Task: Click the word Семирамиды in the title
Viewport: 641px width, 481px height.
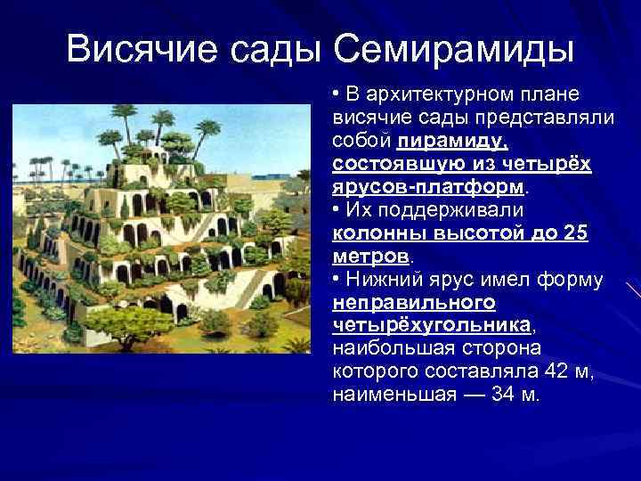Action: (455, 47)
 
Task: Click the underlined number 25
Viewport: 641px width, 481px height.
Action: (577, 234)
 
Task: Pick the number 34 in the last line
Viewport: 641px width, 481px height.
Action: (506, 395)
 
